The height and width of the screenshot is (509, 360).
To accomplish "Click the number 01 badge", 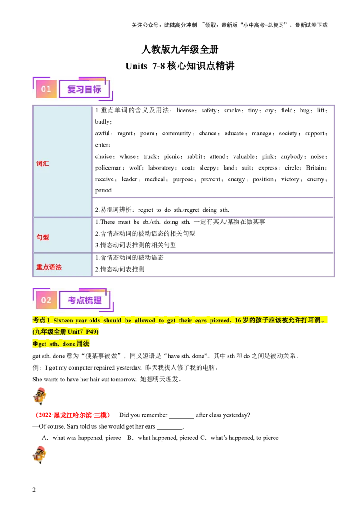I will [46, 89].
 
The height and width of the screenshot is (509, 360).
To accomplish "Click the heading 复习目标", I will [84, 89].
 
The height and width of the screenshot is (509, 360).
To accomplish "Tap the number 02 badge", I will [46, 300].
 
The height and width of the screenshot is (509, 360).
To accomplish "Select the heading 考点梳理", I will [84, 300].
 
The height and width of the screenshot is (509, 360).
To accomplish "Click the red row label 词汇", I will [43, 164].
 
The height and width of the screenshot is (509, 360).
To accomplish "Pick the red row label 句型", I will [43, 237].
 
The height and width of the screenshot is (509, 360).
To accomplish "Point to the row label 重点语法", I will [49, 267].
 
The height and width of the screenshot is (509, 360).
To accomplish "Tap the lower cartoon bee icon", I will [40, 454].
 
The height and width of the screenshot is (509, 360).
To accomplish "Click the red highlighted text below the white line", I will [72, 415].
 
